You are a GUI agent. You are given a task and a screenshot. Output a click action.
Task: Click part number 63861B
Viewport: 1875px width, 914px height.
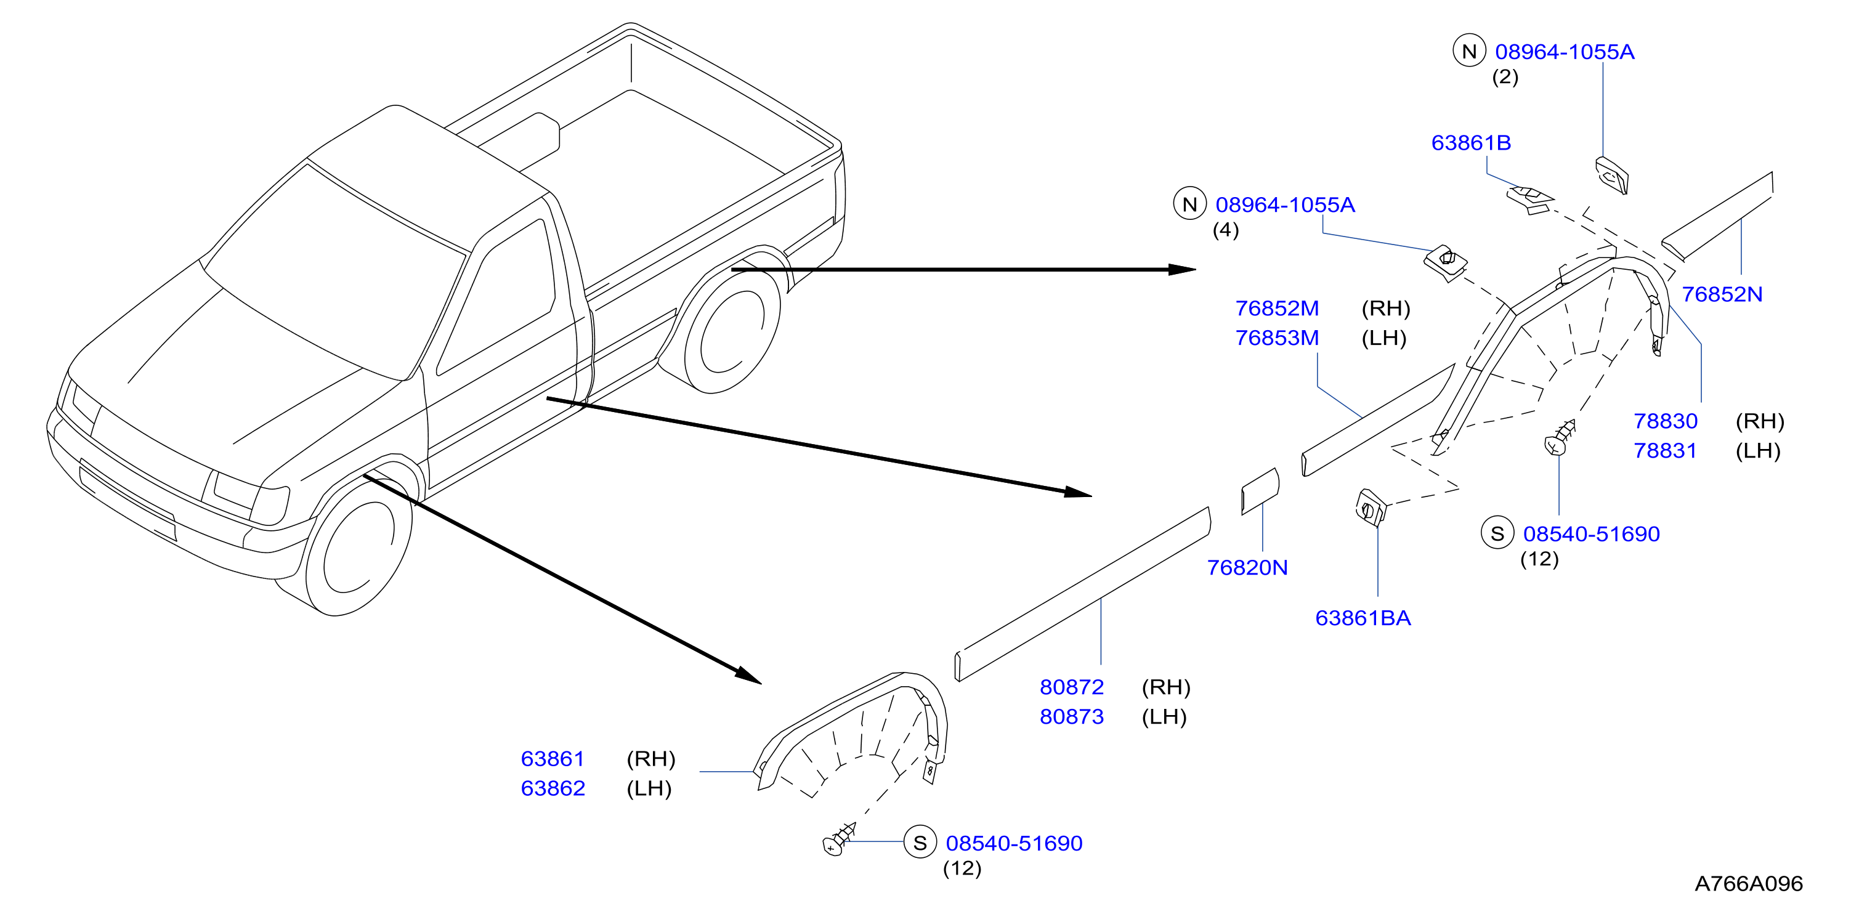coord(1470,143)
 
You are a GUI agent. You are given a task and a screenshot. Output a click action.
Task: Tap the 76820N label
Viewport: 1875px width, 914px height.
coord(1247,568)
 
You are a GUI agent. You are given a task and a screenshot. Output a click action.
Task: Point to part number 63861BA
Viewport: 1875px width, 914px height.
coord(1363,618)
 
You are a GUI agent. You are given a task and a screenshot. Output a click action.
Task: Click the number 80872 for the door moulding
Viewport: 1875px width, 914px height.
coord(1071,687)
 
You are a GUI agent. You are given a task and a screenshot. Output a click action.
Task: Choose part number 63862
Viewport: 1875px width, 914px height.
coord(553,788)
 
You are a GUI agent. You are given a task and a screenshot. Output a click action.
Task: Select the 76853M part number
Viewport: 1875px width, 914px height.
coord(1277,338)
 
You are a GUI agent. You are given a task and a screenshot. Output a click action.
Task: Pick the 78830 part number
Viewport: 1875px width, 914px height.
coord(1666,421)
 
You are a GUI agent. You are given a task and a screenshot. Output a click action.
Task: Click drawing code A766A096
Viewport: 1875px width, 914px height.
coord(1748,883)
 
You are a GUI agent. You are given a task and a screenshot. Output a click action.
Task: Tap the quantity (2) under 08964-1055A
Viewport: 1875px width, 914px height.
coord(1505,76)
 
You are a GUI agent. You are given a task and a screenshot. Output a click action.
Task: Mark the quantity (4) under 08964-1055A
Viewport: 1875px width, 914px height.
coord(1225,230)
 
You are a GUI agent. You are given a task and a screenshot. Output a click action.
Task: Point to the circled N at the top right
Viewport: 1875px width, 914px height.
coord(1469,51)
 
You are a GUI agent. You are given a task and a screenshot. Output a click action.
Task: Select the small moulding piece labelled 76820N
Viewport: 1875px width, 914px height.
coord(1260,491)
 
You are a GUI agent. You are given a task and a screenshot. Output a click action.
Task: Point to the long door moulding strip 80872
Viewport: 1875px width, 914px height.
coord(1082,594)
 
